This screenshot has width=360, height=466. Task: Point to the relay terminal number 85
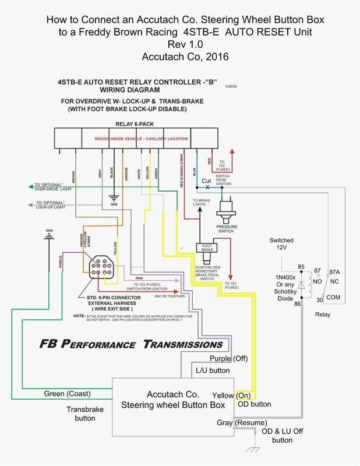point(301,252)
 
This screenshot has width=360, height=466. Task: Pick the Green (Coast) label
point(66,393)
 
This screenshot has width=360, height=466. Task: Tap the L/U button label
point(213,370)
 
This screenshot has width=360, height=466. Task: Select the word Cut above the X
point(206,181)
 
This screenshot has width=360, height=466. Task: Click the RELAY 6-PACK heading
point(132,124)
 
